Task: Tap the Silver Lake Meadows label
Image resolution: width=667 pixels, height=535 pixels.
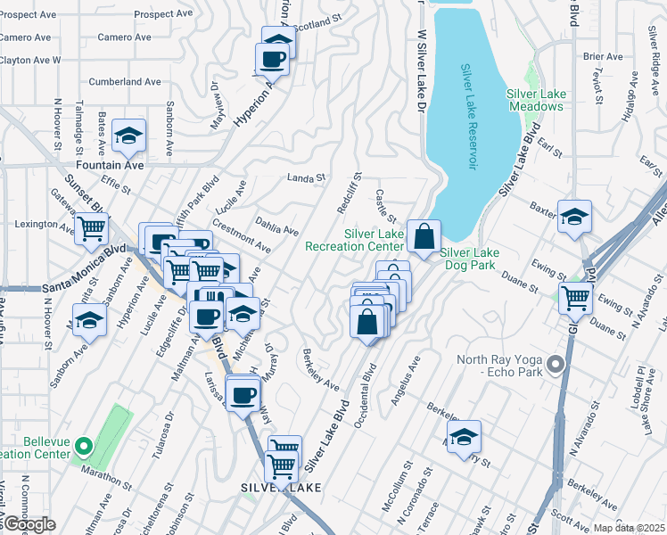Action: click(x=535, y=100)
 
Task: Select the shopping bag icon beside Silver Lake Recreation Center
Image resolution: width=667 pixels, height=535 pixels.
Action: click(x=425, y=237)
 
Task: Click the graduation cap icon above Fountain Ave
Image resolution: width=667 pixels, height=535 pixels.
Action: click(x=129, y=136)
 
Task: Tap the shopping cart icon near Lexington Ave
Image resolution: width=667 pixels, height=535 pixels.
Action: click(x=92, y=228)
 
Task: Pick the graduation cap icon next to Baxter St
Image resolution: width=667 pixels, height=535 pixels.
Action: click(x=574, y=216)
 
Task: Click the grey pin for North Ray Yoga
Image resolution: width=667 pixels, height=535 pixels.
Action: click(x=557, y=365)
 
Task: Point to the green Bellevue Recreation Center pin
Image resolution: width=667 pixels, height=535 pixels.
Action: click(x=83, y=447)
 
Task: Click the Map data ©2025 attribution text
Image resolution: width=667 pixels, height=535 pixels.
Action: click(x=629, y=528)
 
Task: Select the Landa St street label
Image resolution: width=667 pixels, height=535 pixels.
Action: click(x=307, y=178)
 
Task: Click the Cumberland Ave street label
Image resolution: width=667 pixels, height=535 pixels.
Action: click(x=125, y=81)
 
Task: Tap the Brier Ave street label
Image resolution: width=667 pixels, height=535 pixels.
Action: click(x=602, y=56)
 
